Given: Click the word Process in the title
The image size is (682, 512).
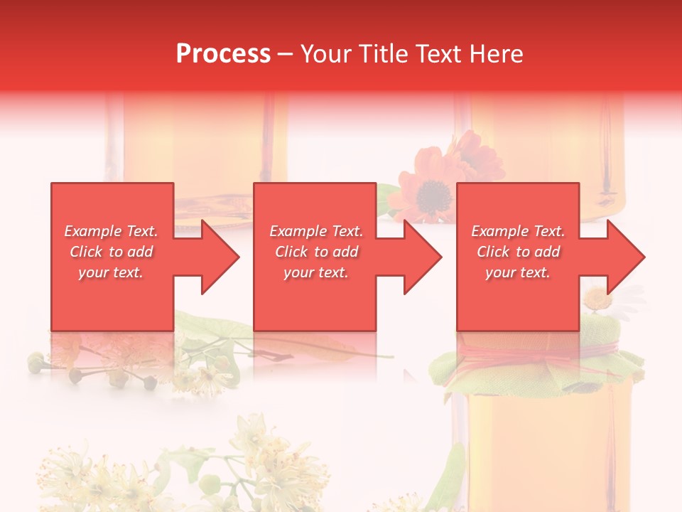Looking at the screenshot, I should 223,54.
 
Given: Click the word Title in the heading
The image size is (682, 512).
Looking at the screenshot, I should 383,54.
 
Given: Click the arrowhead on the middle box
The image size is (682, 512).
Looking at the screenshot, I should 421,257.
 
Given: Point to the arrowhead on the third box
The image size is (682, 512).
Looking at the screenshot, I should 624,257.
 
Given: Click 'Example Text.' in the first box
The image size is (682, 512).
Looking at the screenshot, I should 112,231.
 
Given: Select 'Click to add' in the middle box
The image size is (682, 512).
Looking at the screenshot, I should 316,252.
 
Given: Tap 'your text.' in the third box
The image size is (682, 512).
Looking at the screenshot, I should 518,272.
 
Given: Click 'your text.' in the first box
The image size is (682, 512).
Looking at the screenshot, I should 112,272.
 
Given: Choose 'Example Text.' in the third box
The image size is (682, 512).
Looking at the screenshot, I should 518,231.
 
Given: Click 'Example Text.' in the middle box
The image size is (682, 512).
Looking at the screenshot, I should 316,231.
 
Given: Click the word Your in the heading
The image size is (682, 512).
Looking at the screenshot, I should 325,54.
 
